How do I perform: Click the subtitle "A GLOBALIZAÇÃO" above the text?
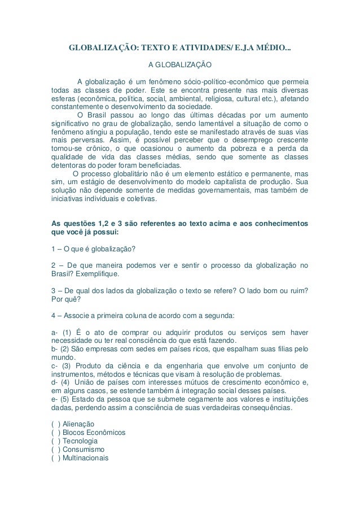(x=179, y=66)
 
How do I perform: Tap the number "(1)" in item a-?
(x=68, y=331)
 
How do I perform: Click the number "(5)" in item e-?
(x=68, y=398)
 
